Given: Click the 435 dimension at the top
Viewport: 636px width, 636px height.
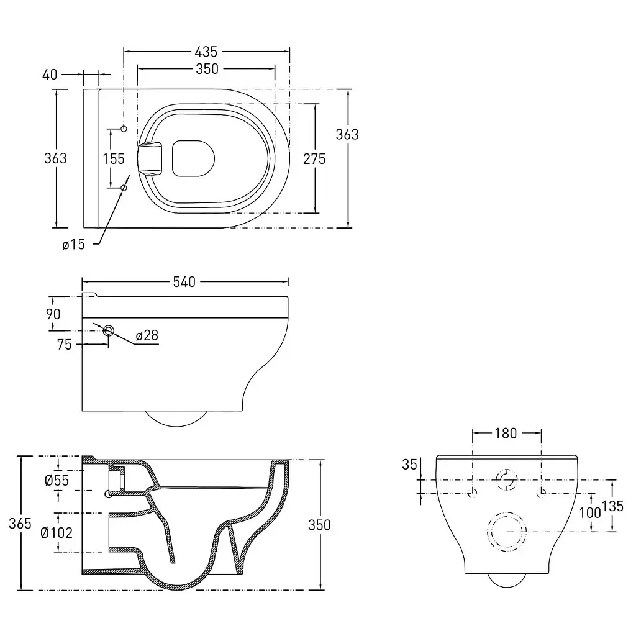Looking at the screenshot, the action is click(206, 52).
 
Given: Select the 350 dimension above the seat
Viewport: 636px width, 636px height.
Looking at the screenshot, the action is click(207, 69).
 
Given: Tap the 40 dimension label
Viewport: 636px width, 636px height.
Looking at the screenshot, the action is click(50, 75).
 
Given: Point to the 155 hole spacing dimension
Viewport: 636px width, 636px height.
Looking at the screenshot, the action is click(114, 158).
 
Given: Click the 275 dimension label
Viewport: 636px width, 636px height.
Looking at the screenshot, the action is click(314, 158).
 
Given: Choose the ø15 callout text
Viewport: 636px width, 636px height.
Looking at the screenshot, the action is click(73, 244).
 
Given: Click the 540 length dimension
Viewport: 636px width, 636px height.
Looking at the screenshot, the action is click(184, 282).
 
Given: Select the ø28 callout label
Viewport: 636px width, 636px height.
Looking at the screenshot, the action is click(147, 335).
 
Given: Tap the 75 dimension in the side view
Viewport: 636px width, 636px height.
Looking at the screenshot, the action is click(64, 344).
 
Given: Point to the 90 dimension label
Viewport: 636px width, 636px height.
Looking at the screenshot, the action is click(53, 314).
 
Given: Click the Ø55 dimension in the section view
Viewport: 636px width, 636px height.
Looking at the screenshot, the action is click(57, 481).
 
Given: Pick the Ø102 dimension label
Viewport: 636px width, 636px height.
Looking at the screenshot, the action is click(57, 532).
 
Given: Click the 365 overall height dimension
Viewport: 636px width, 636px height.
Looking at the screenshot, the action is click(20, 523).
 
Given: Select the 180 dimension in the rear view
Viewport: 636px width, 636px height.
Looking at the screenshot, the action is click(506, 433).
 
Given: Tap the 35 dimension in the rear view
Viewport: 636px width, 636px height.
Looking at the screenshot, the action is click(410, 465).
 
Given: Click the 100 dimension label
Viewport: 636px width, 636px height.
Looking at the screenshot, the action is click(590, 512).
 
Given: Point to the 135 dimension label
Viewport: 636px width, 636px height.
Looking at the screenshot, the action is click(612, 506).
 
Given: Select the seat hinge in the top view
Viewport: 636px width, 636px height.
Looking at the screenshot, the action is click(150, 158).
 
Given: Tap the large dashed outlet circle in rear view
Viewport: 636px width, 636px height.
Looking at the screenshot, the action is click(507, 512).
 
